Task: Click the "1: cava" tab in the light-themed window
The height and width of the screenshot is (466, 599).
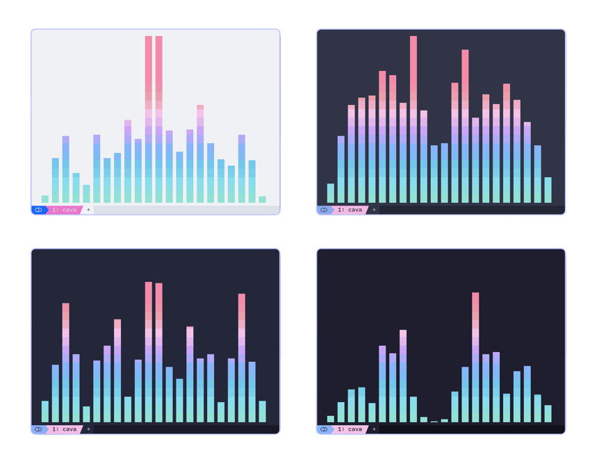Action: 64,210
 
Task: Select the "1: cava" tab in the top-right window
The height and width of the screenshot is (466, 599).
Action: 350,210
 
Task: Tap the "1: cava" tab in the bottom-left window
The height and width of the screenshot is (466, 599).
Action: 64,429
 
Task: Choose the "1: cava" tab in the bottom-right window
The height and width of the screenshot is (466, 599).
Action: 350,429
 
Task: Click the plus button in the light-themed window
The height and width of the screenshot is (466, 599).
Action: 88,210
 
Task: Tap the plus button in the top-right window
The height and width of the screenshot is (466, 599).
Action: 374,210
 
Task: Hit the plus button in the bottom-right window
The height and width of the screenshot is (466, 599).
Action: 374,429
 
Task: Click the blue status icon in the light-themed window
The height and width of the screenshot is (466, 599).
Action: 38,210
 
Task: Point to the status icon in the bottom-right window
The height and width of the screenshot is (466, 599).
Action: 324,429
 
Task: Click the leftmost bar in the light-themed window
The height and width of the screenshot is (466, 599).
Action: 45,199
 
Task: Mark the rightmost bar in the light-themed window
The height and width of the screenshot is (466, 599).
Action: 262,199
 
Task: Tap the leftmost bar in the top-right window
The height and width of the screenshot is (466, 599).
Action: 331,193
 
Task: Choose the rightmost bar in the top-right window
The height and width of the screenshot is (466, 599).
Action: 548,190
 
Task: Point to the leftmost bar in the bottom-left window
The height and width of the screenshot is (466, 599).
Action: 45,411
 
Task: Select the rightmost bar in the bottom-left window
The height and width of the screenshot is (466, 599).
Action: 262,411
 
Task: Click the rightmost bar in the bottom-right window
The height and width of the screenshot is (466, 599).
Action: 548,414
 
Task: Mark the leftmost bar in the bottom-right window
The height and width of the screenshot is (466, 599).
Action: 331,419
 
